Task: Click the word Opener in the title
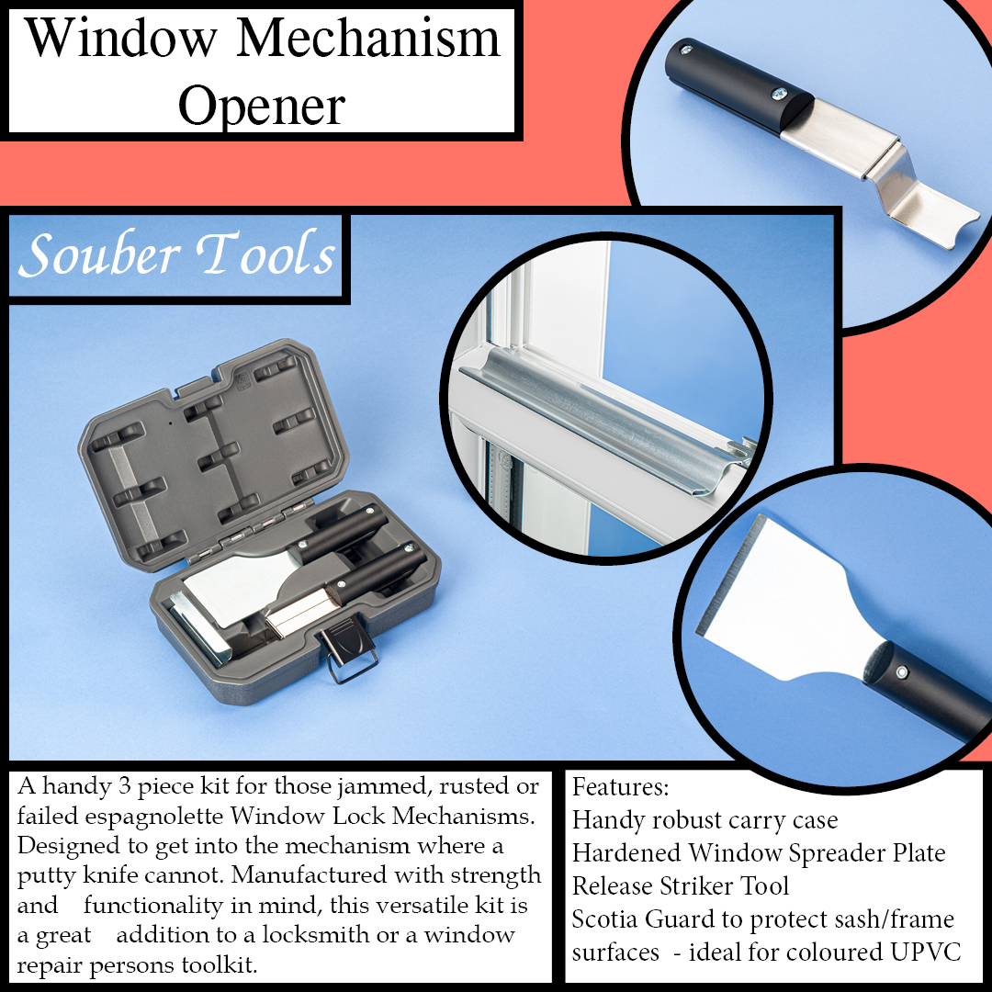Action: tap(262, 107)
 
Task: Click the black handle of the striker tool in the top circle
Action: tap(737, 85)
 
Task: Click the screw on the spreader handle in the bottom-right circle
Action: tap(902, 671)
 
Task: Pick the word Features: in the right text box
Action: tap(620, 787)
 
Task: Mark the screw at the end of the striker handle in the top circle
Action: tap(685, 50)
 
